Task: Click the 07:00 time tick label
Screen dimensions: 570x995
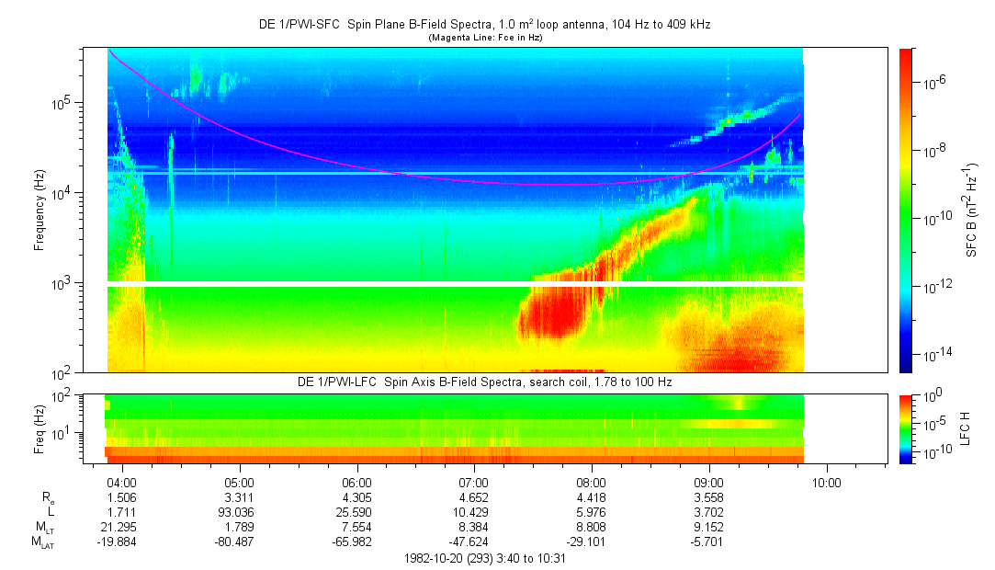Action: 474,482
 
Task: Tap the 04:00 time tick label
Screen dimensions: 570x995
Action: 122,482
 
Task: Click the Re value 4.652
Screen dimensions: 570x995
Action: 474,496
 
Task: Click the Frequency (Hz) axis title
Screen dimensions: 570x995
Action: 40,210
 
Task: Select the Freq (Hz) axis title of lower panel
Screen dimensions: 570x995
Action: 40,427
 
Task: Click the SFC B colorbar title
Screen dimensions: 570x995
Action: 972,210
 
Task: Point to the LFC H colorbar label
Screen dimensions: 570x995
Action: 972,427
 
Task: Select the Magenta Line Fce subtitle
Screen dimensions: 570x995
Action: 484,37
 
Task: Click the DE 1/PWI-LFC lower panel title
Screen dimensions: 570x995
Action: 484,382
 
